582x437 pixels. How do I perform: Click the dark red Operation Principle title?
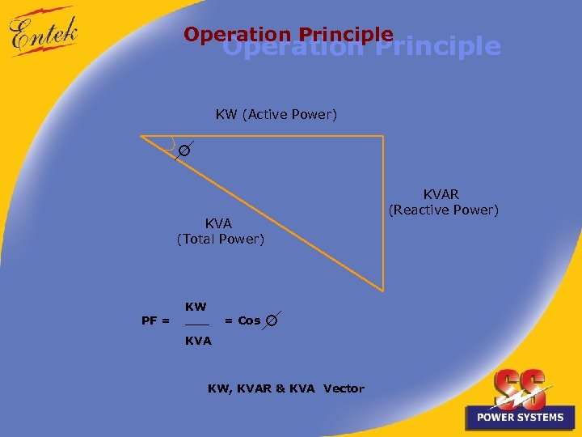[288, 35]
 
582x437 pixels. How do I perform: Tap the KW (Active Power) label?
[276, 115]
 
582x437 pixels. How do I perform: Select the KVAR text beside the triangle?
[441, 195]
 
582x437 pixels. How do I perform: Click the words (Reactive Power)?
[444, 210]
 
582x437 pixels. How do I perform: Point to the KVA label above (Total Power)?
[218, 223]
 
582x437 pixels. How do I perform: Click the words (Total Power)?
[220, 240]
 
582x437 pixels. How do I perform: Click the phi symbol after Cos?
[272, 320]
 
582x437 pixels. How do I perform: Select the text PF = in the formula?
[155, 320]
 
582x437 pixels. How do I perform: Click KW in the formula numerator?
[196, 307]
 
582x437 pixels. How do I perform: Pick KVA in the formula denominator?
[198, 342]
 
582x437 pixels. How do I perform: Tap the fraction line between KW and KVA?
[196, 325]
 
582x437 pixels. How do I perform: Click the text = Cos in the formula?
[242, 320]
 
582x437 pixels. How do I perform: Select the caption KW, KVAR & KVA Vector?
[286, 389]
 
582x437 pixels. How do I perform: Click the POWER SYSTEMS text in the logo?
[520, 418]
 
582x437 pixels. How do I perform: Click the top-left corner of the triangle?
[142, 136]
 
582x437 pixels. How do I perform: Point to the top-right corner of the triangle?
[382, 136]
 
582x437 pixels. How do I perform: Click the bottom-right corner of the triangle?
[382, 290]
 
